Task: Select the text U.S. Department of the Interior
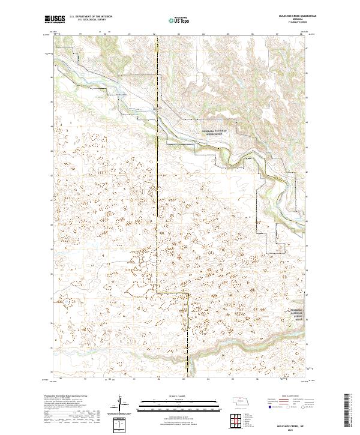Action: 91,17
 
